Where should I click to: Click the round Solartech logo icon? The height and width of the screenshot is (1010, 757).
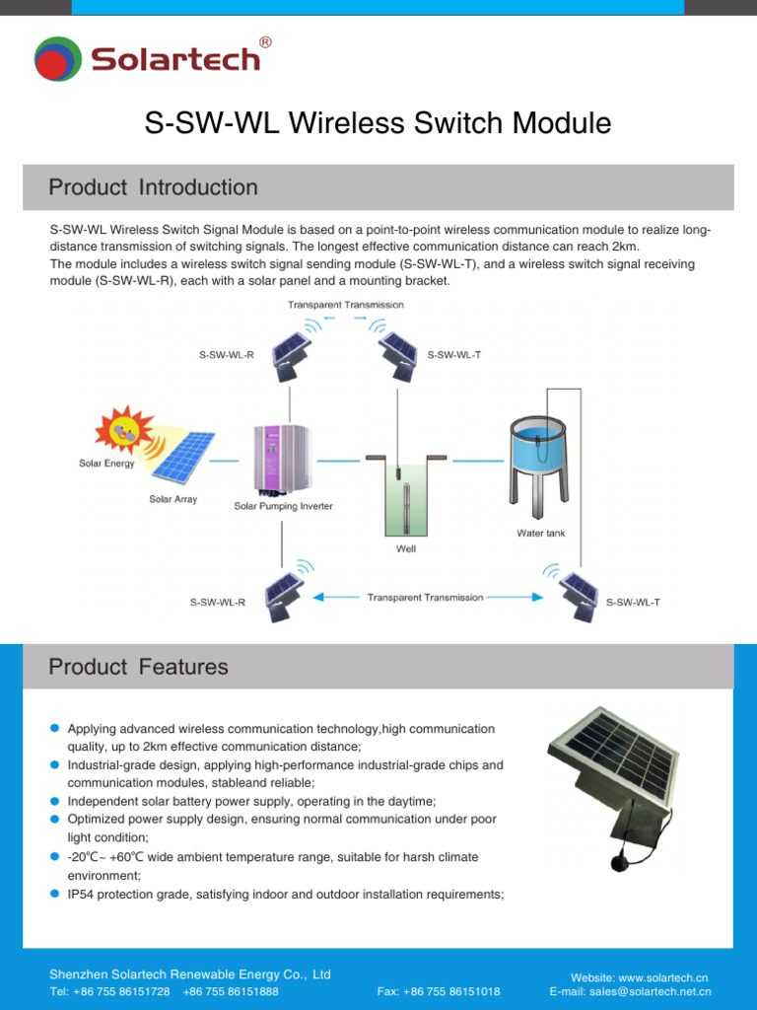coord(57,59)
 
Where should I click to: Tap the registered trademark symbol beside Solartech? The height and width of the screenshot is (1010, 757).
coord(264,42)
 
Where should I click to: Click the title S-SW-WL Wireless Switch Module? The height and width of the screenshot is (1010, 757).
coord(378,124)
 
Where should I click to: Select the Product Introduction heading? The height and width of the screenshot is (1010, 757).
coord(153,187)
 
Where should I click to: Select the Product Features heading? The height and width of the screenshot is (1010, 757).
coord(138,667)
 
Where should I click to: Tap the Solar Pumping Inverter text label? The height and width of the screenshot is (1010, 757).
coord(283,506)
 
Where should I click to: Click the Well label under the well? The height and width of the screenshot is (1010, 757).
coord(406,548)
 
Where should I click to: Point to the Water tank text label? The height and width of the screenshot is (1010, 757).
coord(541,534)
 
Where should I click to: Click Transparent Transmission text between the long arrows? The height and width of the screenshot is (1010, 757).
coord(425,598)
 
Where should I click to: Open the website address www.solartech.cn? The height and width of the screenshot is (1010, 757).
coord(663,976)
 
